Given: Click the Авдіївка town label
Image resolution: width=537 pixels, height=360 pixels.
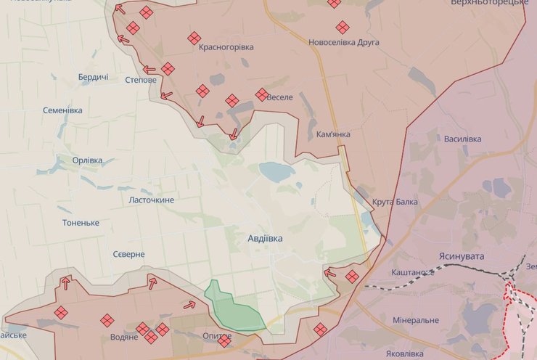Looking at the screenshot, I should [x=265, y=238].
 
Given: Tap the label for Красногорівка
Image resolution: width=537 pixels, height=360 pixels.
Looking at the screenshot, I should [x=226, y=47].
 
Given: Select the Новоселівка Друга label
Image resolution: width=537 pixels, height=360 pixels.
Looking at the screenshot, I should [x=344, y=43].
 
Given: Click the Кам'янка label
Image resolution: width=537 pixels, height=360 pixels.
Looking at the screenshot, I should [x=334, y=135].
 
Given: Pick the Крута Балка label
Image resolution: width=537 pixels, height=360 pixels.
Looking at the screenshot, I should [x=395, y=202].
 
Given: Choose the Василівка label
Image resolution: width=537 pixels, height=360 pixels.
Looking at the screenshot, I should [x=462, y=139].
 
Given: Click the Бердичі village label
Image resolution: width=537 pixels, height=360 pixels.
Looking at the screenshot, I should [x=94, y=77].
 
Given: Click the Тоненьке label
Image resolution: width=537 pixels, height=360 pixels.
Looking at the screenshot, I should [x=81, y=222].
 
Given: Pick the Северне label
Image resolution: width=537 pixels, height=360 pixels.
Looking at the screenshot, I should [x=128, y=255].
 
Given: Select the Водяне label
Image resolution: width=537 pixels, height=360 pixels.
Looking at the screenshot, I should [x=125, y=337].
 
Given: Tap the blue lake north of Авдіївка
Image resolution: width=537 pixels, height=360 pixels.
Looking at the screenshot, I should [x=276, y=172].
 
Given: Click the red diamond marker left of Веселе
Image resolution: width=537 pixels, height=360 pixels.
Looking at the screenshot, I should [x=262, y=94].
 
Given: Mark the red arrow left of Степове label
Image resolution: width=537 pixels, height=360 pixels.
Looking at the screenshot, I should [x=149, y=70].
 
